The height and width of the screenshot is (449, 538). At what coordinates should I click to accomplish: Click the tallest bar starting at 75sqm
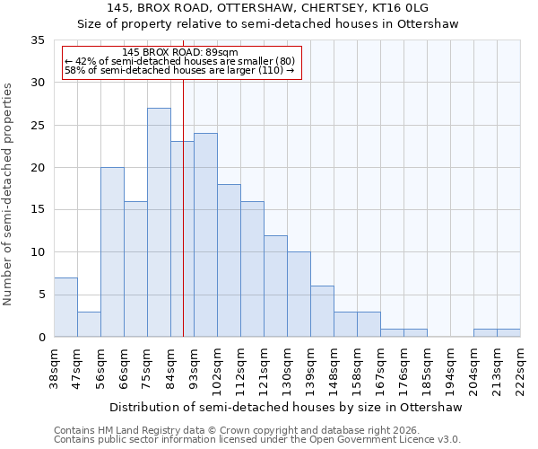click(x=159, y=223)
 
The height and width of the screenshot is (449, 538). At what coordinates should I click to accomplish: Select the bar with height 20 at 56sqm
click(x=112, y=252)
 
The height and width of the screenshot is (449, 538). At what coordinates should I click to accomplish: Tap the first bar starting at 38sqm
click(x=65, y=307)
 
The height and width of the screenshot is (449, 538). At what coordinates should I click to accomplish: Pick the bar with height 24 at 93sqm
click(x=205, y=235)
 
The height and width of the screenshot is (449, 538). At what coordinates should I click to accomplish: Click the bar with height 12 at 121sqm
click(x=275, y=286)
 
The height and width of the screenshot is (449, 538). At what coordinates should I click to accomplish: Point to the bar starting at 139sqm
click(x=322, y=312)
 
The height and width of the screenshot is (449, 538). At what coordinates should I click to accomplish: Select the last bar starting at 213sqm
click(x=508, y=333)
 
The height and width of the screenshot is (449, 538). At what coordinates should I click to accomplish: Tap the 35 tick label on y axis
click(x=37, y=40)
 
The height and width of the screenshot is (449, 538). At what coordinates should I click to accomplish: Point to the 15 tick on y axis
click(x=37, y=210)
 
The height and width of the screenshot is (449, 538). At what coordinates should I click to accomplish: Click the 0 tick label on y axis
click(x=40, y=338)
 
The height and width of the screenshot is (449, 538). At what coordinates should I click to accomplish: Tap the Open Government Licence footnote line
click(x=257, y=440)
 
